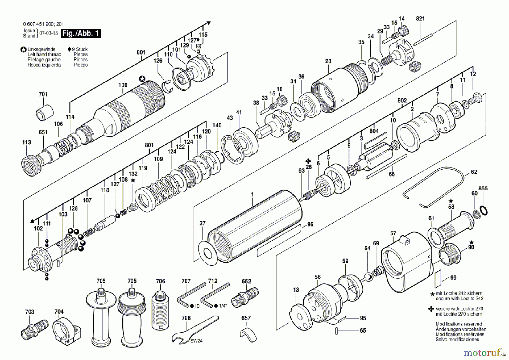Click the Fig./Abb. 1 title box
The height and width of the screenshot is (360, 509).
[81, 33]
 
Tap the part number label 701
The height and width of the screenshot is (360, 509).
[43, 94]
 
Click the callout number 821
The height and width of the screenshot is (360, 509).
[420, 19]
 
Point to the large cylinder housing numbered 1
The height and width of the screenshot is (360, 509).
[255, 226]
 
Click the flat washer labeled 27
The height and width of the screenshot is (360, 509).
[208, 253]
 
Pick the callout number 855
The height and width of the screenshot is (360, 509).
[483, 188]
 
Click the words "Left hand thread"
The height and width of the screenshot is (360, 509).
[44, 54]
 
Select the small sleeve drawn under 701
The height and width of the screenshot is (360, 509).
[45, 113]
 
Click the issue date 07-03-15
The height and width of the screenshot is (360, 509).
[49, 33]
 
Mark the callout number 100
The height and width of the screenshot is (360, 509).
[123, 85]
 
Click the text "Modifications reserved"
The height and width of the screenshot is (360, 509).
[459, 324]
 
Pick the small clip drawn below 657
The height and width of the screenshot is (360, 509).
[248, 335]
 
